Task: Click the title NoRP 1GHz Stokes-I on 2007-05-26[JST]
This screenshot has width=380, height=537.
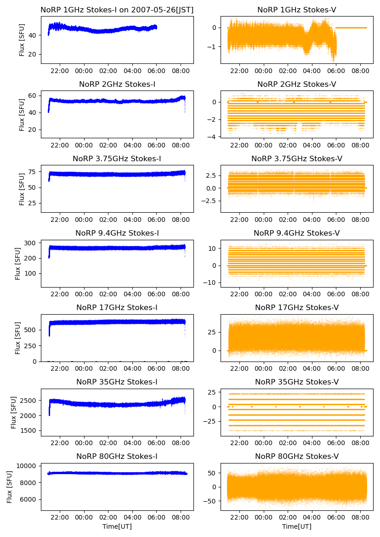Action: (x=117, y=10)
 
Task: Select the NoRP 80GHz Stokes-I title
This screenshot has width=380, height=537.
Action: (x=117, y=456)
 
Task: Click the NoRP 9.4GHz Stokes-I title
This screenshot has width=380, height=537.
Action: (x=117, y=233)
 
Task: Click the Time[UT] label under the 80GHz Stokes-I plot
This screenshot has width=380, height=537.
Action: (x=117, y=526)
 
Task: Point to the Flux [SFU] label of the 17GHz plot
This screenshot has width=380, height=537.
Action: (x=18, y=338)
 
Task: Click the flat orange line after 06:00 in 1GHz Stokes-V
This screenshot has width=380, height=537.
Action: (x=352, y=28)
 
